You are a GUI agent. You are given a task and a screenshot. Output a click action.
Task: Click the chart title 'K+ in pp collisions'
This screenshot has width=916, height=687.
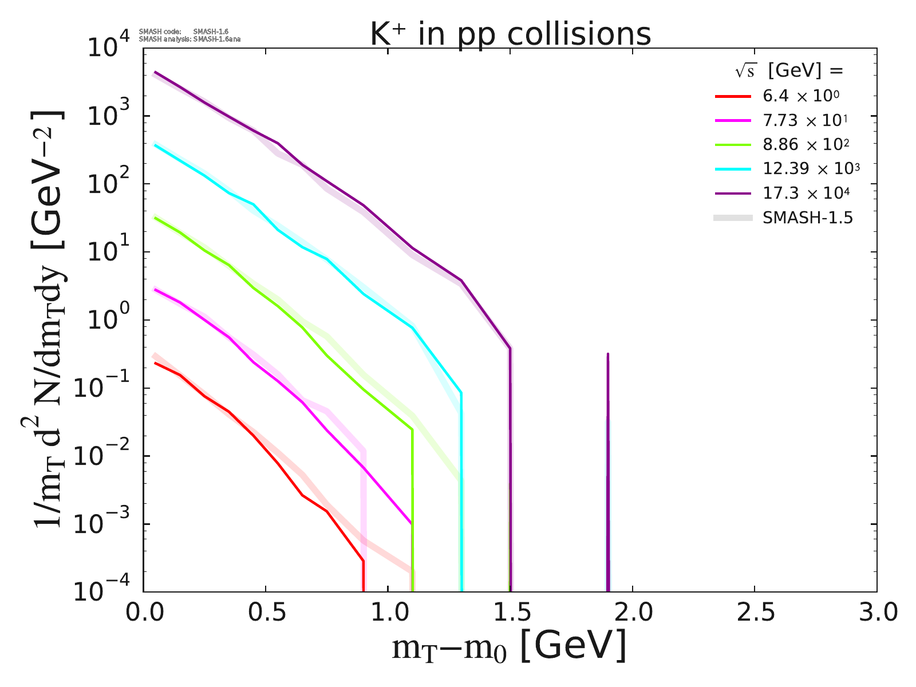tap(510, 35)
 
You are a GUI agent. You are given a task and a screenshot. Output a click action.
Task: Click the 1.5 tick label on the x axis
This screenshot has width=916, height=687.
tap(510, 613)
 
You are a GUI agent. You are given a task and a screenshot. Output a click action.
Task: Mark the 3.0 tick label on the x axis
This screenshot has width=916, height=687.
tap(876, 613)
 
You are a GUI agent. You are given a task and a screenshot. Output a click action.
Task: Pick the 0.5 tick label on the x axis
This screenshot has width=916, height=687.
tap(265, 613)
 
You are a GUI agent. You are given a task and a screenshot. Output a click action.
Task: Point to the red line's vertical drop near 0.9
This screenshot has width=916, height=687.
tap(363, 575)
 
